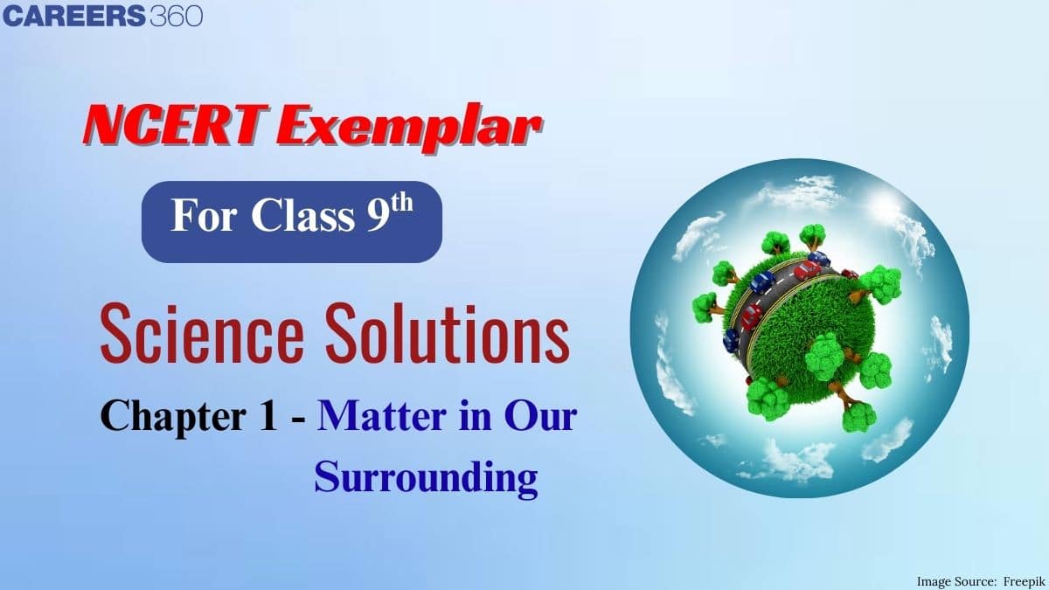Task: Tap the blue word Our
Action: click(x=541, y=416)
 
